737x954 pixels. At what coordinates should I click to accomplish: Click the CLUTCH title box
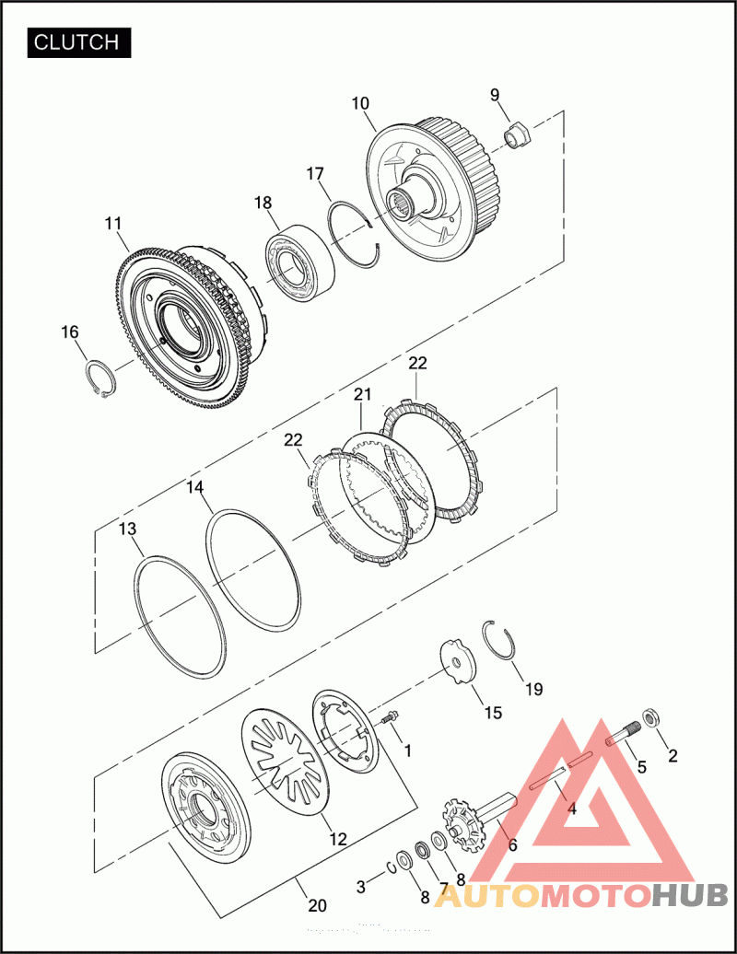(79, 42)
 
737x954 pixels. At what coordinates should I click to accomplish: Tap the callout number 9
(495, 95)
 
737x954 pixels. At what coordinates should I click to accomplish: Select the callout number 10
(360, 103)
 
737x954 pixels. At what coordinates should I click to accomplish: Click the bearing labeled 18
(300, 263)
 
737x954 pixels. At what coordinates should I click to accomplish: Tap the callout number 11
(113, 224)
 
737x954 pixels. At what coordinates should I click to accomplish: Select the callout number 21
(363, 394)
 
